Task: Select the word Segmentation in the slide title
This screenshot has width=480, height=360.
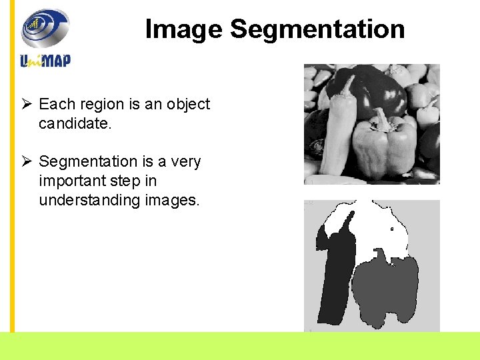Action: [x=317, y=29]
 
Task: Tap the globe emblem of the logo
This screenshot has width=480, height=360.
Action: [x=45, y=28]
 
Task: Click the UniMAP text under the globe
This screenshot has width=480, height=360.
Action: [x=45, y=60]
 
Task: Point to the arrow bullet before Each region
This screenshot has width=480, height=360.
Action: [x=26, y=105]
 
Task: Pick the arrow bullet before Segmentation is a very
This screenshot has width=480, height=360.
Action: [x=26, y=162]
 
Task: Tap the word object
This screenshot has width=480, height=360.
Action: [x=188, y=105]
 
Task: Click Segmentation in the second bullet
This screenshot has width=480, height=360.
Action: [x=87, y=162]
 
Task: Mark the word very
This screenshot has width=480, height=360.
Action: [x=185, y=162]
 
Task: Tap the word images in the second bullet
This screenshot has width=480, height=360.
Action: [x=176, y=201]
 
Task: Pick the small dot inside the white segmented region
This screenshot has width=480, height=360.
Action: [x=392, y=229]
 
